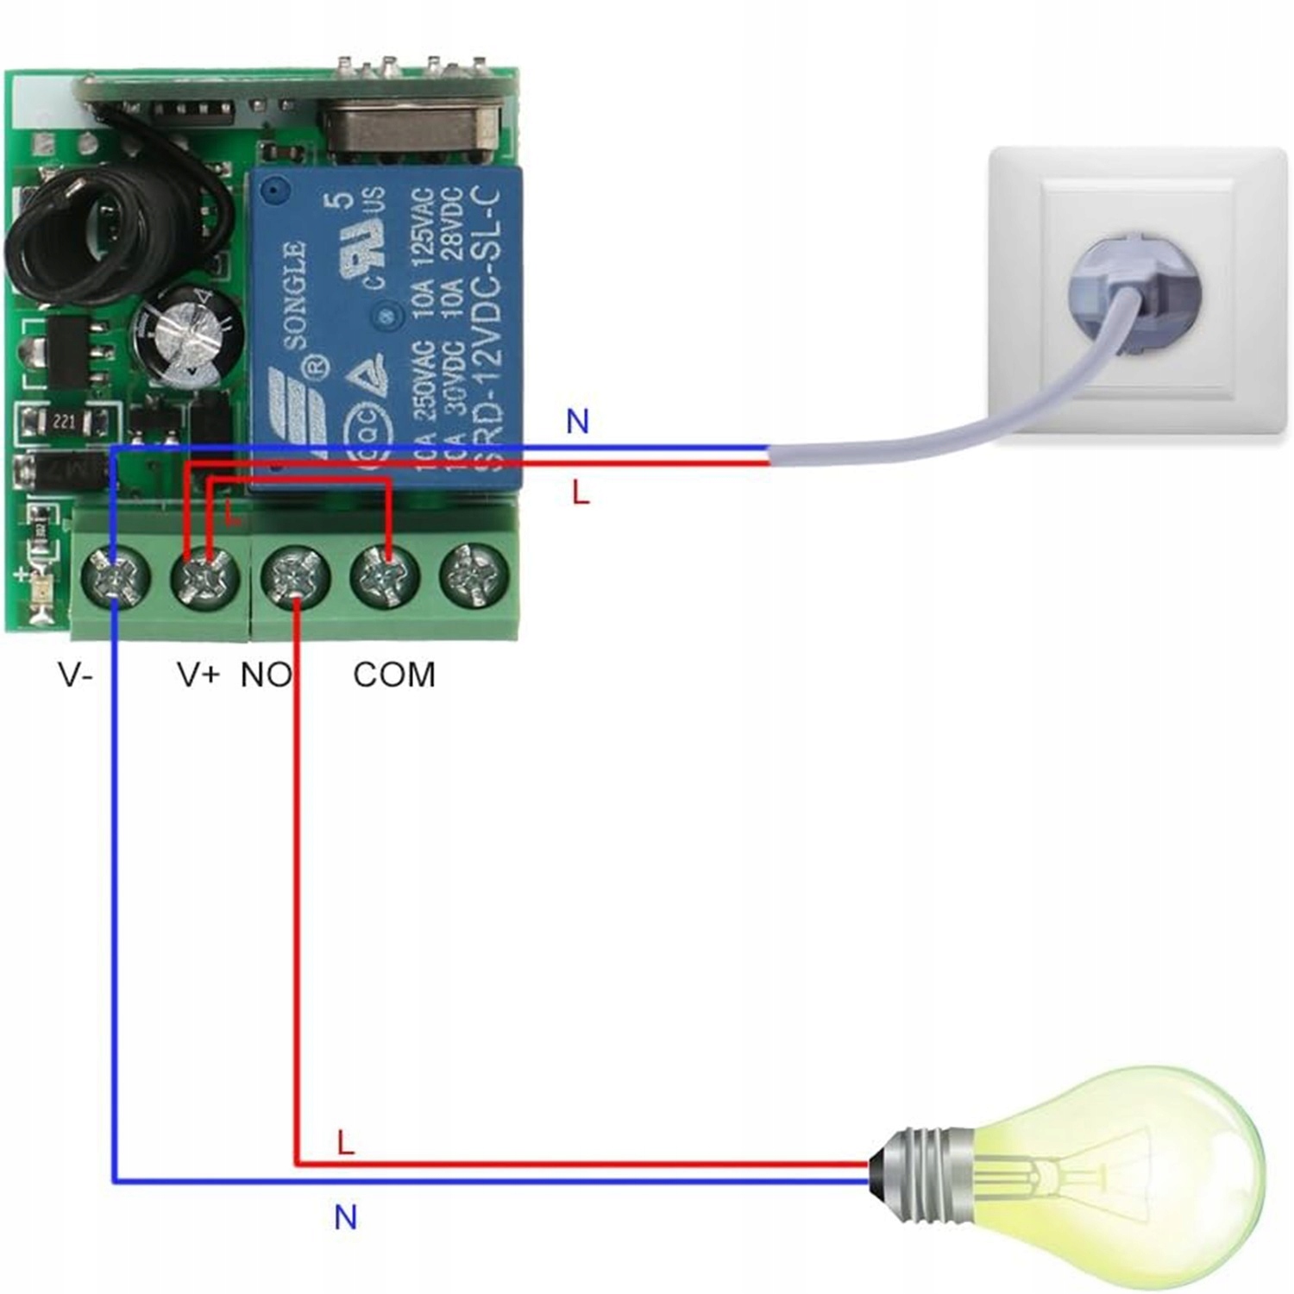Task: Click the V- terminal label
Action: click(x=75, y=675)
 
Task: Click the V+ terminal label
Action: click(x=198, y=675)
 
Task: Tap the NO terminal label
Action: click(x=266, y=675)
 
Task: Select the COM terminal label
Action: click(x=394, y=675)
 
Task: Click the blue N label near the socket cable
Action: click(x=577, y=422)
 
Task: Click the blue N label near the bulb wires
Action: click(x=345, y=1217)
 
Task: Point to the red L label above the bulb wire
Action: click(x=345, y=1143)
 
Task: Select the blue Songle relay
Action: click(x=386, y=328)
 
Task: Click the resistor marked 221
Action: click(x=66, y=423)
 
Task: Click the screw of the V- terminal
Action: click(x=115, y=576)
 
